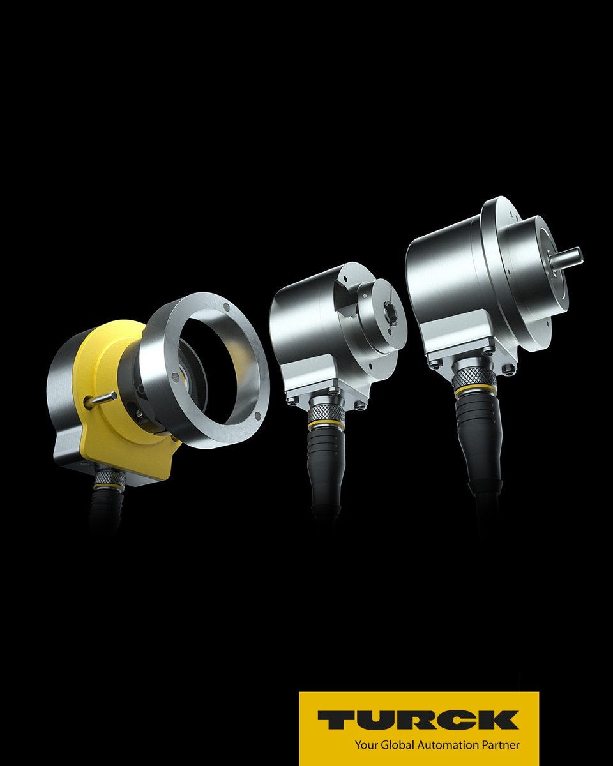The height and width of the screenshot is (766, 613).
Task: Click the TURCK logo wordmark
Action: click(x=418, y=719)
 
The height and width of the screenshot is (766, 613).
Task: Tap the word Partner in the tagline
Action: click(x=501, y=744)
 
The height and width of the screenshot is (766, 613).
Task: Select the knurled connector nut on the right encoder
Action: click(x=474, y=378)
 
